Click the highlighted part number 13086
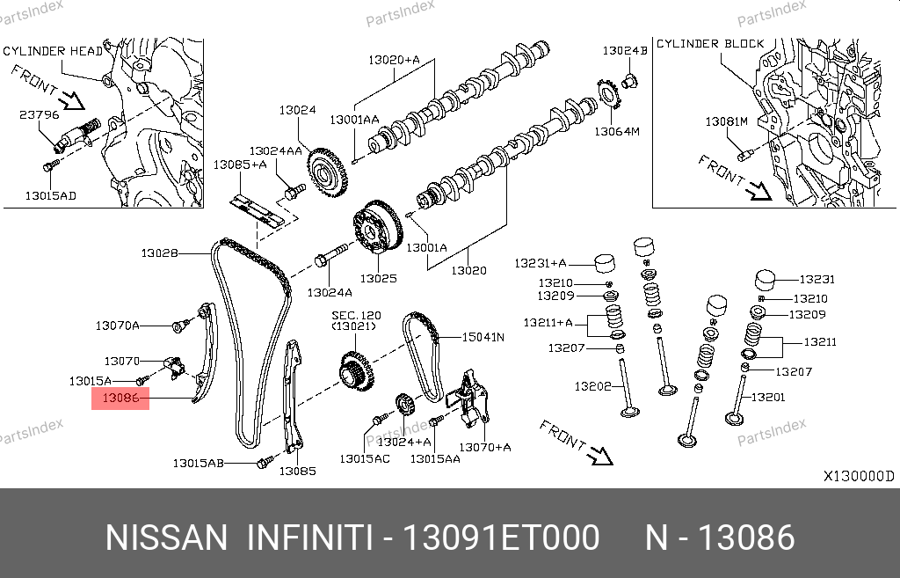(x=120, y=399)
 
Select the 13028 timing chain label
(x=159, y=253)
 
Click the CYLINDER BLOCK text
(x=710, y=44)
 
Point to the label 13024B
(x=624, y=51)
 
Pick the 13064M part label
(x=616, y=131)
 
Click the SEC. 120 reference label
(x=356, y=314)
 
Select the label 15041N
(x=483, y=337)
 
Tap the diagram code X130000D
(x=858, y=476)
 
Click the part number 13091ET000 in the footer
(x=500, y=538)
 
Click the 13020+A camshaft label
(x=394, y=60)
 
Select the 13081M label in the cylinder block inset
(x=726, y=121)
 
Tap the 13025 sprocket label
(x=378, y=278)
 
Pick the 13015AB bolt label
(x=198, y=463)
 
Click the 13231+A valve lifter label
(x=541, y=263)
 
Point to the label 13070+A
(x=485, y=447)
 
